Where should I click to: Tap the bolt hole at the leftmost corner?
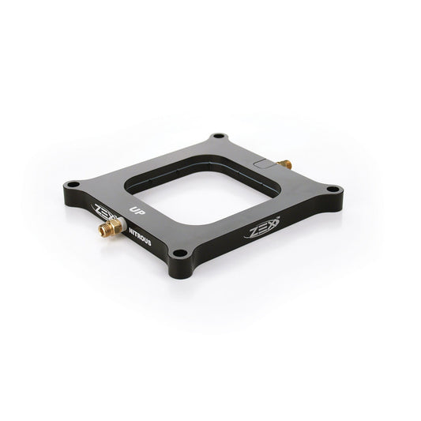pos(73,185)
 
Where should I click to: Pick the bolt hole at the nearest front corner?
pos(181,254)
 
